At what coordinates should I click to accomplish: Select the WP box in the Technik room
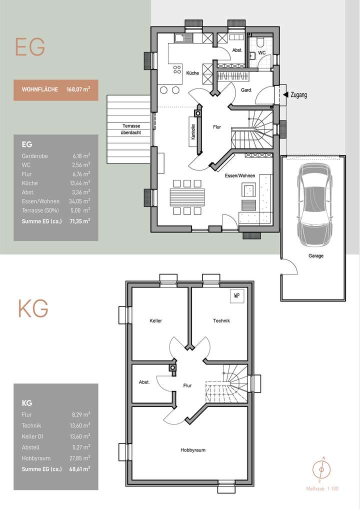click(x=236, y=295)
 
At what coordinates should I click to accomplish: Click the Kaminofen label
click(x=192, y=132)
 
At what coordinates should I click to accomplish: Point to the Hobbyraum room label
click(x=192, y=450)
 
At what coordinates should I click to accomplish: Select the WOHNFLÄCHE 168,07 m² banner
click(x=56, y=90)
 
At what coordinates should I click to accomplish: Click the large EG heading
click(x=30, y=47)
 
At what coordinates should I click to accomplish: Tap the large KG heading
click(x=33, y=309)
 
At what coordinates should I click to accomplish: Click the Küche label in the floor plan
click(x=192, y=73)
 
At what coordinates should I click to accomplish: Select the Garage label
click(x=315, y=256)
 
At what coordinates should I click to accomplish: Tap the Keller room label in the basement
click(x=155, y=320)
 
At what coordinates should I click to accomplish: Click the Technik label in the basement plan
click(x=221, y=320)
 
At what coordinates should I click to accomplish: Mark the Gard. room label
click(x=246, y=90)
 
